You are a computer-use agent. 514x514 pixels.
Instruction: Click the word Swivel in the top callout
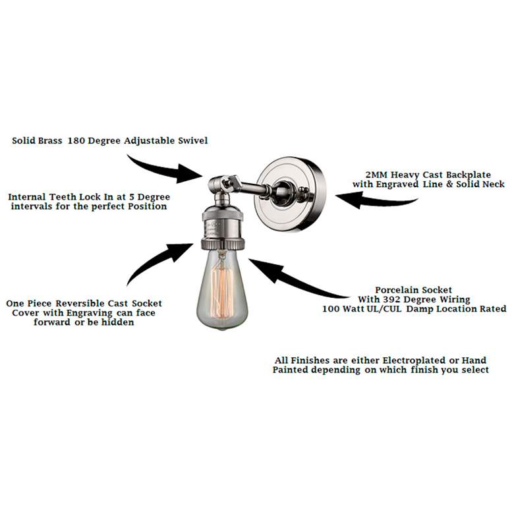point(192,140)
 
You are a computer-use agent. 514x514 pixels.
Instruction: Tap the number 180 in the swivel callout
point(76,140)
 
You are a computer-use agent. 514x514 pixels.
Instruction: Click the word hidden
point(117,322)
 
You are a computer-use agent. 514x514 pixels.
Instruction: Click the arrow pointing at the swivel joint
point(164,171)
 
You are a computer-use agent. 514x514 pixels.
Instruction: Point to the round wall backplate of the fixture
point(291,194)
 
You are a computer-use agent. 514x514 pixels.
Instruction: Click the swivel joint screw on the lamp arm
point(226,181)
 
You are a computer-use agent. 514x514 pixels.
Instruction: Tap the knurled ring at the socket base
point(223,244)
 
